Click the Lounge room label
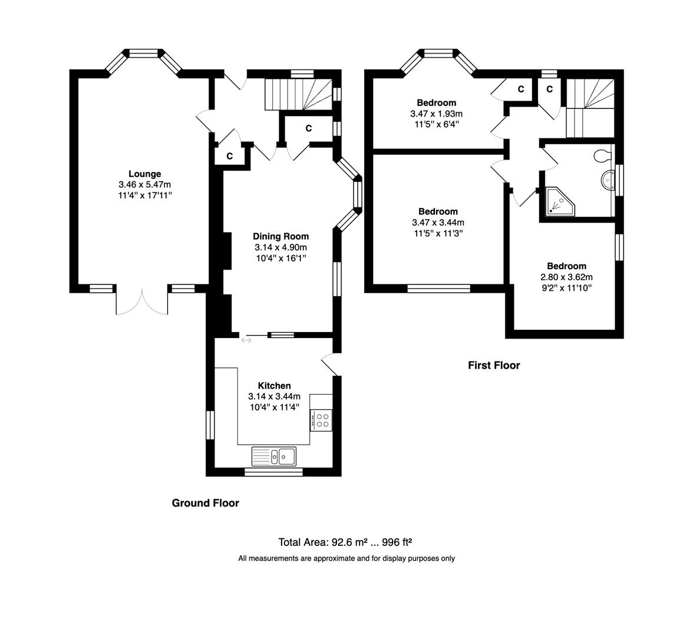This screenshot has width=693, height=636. click(144, 174)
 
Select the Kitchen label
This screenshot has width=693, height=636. click(274, 386)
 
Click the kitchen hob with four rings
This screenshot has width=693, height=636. click(321, 420)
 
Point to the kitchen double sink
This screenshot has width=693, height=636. click(275, 456)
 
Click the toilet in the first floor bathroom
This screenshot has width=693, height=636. click(602, 156)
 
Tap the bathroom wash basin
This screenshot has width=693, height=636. click(608, 179)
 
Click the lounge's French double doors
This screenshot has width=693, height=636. click(142, 303)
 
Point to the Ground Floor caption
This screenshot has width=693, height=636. click(205, 503)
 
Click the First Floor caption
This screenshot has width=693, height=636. click(494, 365)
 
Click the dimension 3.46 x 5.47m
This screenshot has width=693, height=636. click(144, 184)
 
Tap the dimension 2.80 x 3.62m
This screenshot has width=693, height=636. click(566, 277)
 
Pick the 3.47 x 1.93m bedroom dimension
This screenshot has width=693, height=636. click(437, 113)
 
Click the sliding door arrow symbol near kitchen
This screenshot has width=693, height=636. click(246, 340)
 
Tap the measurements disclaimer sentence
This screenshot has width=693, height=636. click(346, 558)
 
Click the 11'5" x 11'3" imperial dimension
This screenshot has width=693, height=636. click(438, 233)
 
